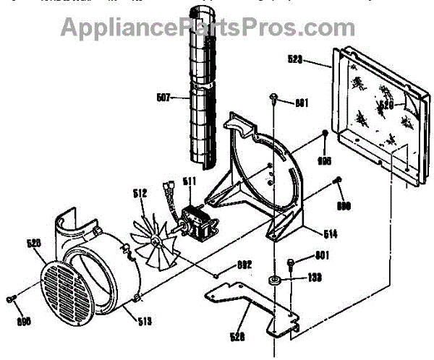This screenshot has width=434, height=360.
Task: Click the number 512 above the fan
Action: (x=140, y=193)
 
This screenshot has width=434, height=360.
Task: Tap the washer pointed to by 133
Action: (x=275, y=279)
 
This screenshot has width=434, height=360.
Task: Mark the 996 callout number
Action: (x=325, y=160)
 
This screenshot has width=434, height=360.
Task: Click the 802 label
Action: (x=244, y=265)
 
